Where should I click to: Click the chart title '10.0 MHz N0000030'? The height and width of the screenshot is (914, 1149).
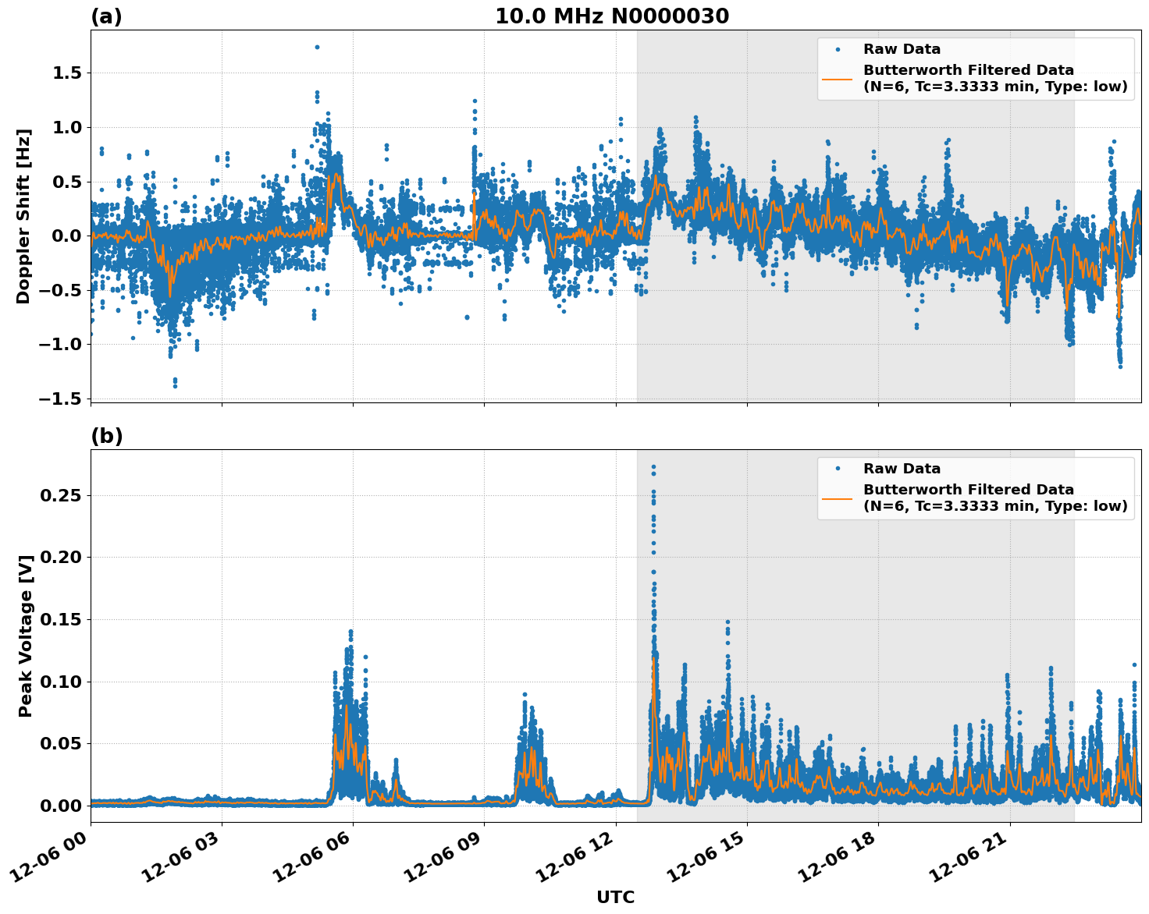coord(611,16)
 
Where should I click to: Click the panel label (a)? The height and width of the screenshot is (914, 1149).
coord(106,16)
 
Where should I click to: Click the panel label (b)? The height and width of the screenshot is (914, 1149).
coord(106,436)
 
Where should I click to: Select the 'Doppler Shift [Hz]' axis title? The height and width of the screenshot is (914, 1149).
coord(23,216)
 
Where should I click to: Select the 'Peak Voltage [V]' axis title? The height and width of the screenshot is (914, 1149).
coord(26,636)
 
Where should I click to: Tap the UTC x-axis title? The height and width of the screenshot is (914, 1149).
coord(615,897)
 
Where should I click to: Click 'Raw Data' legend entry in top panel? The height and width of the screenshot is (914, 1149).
coord(902,49)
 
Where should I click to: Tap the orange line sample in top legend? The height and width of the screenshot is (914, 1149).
coord(837,78)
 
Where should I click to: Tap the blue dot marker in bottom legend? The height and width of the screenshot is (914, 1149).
coord(837,469)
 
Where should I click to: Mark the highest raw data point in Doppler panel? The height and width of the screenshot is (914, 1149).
coord(317,47)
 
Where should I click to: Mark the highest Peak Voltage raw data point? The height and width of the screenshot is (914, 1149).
coord(653,467)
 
